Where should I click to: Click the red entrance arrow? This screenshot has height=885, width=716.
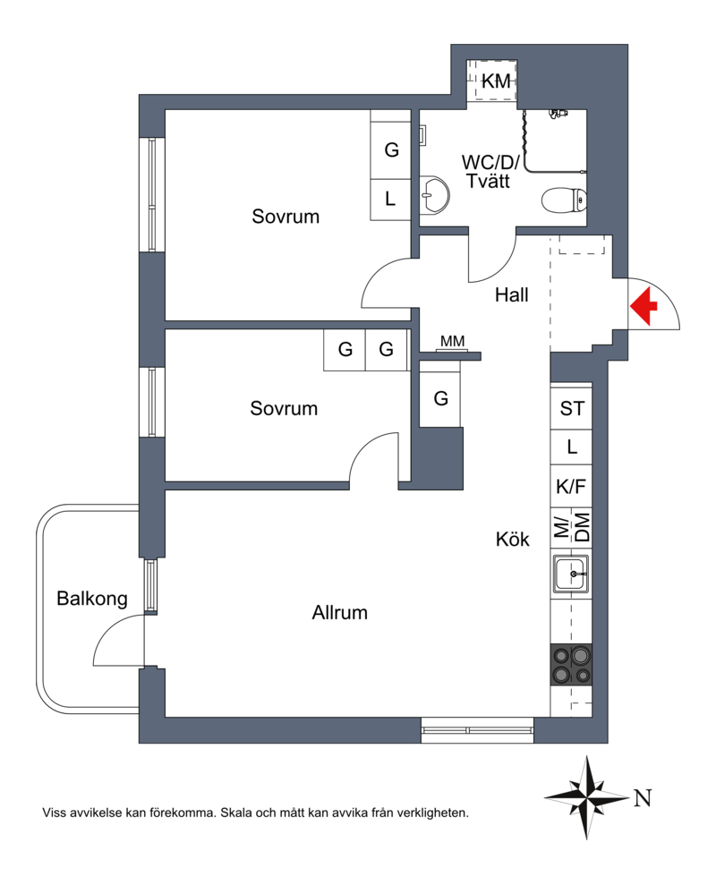coord(644,306)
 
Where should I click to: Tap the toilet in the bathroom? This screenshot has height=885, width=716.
coord(564,200)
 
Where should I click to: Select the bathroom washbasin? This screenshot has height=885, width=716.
coord(435,195)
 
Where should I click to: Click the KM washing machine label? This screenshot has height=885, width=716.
coord(496,81)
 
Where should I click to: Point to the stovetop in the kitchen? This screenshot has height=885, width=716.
coord(571,664)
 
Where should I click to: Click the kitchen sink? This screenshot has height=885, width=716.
coord(571,574)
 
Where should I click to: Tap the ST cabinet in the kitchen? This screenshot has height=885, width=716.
coord(571,407)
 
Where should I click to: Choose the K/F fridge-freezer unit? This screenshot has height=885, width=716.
coord(571,486)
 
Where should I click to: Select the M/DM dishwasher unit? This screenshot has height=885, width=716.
coord(571,528)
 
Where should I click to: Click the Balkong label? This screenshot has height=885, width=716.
coord(92,599)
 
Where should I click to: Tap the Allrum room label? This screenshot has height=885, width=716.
coord(340,612)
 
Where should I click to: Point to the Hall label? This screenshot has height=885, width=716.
coord(512,294)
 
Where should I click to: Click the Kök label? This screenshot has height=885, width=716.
coord(513,539)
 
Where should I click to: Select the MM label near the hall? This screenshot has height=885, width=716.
coord(452,341)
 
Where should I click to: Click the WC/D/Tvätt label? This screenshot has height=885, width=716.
coord(490,172)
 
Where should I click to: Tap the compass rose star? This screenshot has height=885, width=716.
coord(587,798)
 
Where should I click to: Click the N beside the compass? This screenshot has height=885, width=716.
coord(643,798)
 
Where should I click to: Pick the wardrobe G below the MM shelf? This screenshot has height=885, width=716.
coord(441,398)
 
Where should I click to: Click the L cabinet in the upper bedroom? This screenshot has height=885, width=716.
coord(390,200)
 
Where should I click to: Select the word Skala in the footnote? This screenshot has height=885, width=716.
coord(236,813)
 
